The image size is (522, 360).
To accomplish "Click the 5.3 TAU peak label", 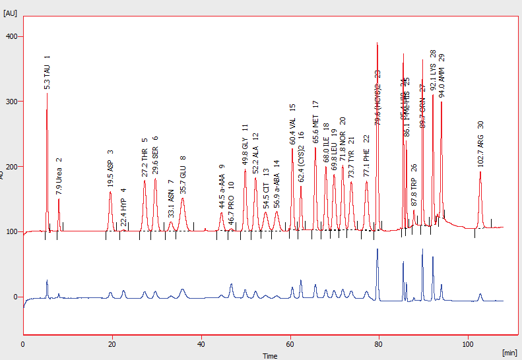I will click(47, 73).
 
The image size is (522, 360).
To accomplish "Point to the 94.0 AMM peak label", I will click(441, 75).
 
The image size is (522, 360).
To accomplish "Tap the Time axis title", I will click(270, 355).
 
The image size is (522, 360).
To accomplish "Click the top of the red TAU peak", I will click(47, 94).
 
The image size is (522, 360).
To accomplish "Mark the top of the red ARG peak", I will click(480, 172).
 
